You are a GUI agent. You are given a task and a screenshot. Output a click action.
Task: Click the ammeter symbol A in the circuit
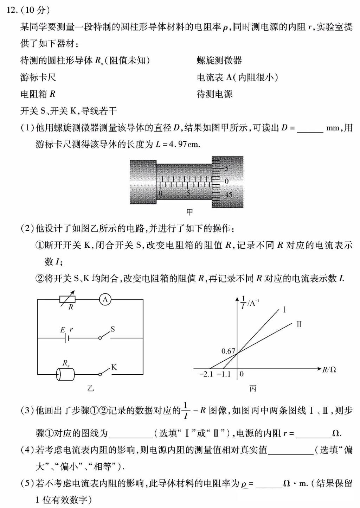(105, 299)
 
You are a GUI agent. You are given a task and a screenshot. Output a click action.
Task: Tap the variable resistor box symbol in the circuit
(67, 299)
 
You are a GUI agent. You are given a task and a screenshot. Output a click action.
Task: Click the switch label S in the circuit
(112, 329)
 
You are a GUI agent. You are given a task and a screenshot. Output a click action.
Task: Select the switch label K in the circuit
(114, 367)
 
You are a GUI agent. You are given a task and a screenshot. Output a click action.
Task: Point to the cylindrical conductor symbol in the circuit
(65, 374)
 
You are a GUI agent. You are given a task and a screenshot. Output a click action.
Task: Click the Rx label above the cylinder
(66, 363)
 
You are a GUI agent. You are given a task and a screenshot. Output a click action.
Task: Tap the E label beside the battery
(63, 330)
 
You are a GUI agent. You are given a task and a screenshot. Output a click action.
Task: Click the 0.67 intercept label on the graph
(228, 351)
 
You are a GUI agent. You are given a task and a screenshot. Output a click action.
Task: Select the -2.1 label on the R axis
(206, 374)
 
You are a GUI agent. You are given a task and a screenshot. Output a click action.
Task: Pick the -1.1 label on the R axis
(224, 374)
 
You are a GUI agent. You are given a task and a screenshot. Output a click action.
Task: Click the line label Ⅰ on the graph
(284, 310)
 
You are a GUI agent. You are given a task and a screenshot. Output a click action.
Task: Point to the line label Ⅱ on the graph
(299, 324)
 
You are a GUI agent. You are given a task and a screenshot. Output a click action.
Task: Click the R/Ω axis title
(329, 369)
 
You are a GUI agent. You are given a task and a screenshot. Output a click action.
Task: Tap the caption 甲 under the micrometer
(189, 212)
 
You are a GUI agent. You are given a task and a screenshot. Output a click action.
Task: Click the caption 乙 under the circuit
(90, 388)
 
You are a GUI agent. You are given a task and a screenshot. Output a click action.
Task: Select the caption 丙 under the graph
(253, 388)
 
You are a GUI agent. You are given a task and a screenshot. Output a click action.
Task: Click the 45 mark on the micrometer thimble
(228, 195)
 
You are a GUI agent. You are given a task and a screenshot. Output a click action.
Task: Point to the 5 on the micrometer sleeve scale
(188, 193)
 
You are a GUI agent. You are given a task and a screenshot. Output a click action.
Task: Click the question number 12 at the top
(13, 9)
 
